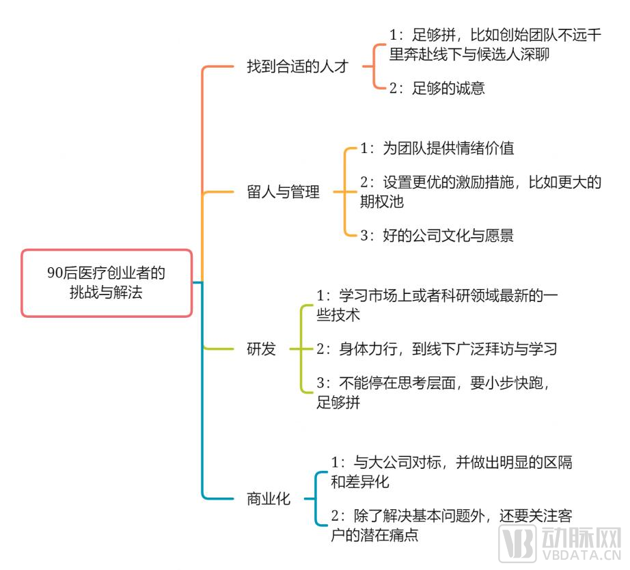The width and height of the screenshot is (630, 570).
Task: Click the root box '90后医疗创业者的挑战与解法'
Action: pos(107,283)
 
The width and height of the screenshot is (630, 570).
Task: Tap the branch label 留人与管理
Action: pos(283,192)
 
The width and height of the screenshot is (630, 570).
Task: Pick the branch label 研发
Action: pos(261,349)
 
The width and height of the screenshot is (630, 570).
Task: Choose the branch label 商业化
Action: pos(269,498)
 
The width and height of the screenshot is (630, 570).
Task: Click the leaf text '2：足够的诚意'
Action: pos(437,88)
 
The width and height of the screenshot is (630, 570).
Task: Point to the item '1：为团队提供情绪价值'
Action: pos(437,148)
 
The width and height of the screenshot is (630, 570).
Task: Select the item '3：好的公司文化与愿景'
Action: pos(437,236)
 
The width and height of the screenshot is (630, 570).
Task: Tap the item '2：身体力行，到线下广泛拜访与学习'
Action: pos(437,349)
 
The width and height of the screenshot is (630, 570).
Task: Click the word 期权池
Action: pos(382,202)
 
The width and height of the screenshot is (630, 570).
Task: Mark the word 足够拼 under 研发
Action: pos(338,403)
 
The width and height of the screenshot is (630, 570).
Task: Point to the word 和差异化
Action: pos(360,482)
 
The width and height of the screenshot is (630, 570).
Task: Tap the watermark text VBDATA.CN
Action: pos(581,556)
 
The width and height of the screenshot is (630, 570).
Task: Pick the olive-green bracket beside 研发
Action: pos(301,349)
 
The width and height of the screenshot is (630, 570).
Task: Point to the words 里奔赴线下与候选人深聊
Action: pos(469,55)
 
